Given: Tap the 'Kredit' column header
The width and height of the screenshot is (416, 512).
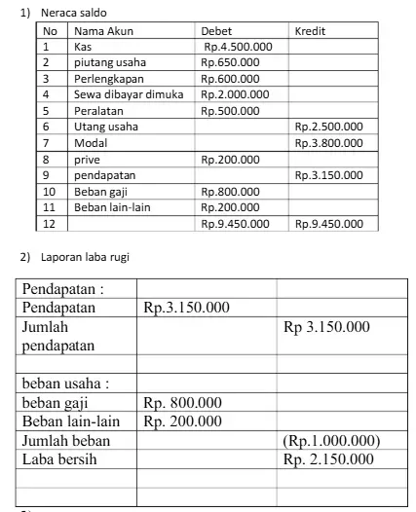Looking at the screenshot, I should tap(311, 31).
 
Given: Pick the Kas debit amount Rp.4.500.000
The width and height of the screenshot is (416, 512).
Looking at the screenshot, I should tap(238, 46).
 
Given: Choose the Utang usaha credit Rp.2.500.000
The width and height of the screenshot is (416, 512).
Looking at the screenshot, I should tap(328, 127).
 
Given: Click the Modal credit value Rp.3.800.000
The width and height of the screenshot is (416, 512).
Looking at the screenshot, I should tap(328, 142).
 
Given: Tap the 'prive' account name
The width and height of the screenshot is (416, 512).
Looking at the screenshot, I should tap(87, 159).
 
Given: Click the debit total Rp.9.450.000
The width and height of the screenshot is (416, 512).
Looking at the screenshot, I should tap(235, 223).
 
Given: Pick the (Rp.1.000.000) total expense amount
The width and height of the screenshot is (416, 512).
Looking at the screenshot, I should tap(330, 440).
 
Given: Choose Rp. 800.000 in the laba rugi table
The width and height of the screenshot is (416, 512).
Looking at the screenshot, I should tap(182, 402).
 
